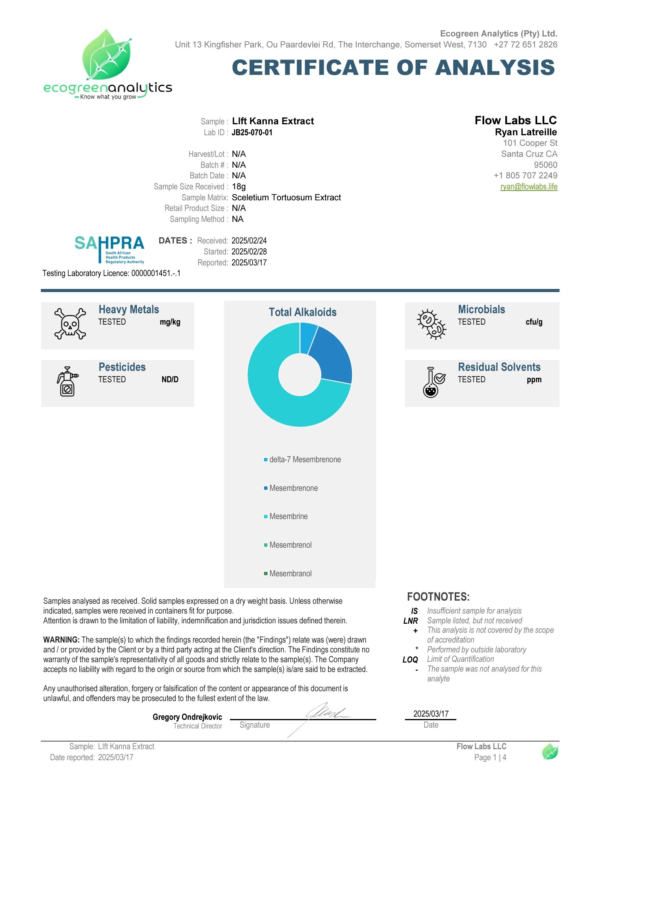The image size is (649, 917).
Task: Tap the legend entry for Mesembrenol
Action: pyautogui.click(x=290, y=545)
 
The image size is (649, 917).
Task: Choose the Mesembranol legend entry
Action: pyautogui.click(x=290, y=574)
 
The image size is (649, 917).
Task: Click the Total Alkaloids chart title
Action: pyautogui.click(x=303, y=312)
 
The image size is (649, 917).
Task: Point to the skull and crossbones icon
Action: pyautogui.click(x=70, y=324)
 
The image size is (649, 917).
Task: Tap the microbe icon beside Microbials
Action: pyautogui.click(x=431, y=324)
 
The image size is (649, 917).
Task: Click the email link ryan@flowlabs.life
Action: pyautogui.click(x=529, y=187)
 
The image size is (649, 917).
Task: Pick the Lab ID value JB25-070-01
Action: pyautogui.click(x=252, y=133)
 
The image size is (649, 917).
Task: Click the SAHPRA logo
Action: pyautogui.click(x=109, y=249)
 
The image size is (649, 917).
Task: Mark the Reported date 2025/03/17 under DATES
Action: pyautogui.click(x=249, y=262)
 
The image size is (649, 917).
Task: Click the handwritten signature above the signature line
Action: pyautogui.click(x=326, y=712)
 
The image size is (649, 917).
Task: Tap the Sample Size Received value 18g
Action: pyautogui.click(x=239, y=187)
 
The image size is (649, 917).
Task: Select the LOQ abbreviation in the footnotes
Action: pyautogui.click(x=410, y=659)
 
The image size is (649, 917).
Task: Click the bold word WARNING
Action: pyautogui.click(x=61, y=640)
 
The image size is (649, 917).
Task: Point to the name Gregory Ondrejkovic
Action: pyautogui.click(x=187, y=717)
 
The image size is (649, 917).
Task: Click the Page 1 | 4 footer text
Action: pyautogui.click(x=490, y=757)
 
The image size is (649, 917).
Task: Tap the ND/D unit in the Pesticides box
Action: pyautogui.click(x=170, y=380)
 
